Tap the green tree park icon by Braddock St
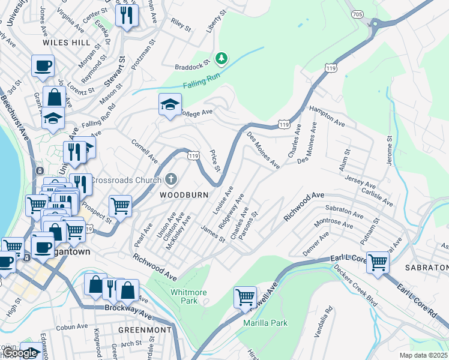click(x=222, y=58)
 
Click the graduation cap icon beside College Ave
click(x=170, y=104)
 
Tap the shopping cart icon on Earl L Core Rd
click(x=378, y=262)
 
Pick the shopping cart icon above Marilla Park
click(x=245, y=296)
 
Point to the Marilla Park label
click(x=265, y=323)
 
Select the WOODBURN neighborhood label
click(x=184, y=195)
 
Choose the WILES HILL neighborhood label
click(x=66, y=43)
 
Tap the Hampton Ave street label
click(x=327, y=116)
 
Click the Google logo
click(x=20, y=353)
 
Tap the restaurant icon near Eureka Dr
click(x=125, y=16)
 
